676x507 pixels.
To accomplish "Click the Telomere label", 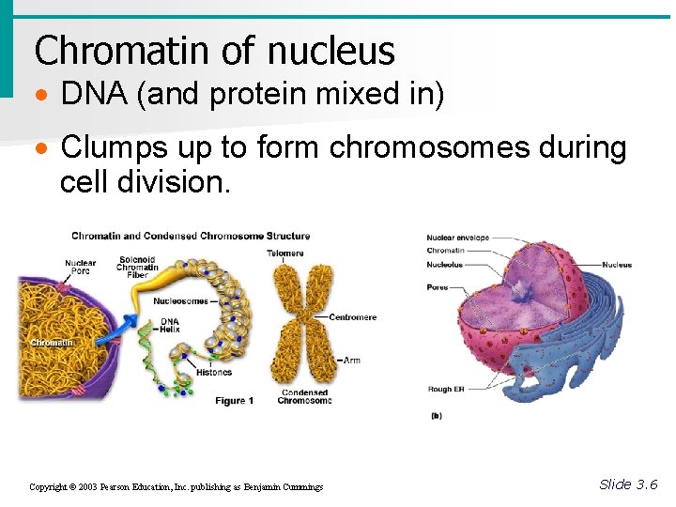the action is coord(285,253).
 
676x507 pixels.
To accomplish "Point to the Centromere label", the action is coord(352,317).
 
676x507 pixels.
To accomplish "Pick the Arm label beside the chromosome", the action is coord(352,361).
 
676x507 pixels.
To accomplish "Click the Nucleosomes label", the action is coord(181,301).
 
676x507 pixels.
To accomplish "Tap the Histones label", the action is coord(214,373).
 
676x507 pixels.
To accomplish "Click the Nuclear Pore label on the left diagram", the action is coord(81,268).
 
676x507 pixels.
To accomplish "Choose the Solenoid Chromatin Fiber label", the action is coord(137,267).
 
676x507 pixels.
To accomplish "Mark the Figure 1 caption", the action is coord(235,401).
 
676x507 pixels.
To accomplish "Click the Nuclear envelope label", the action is coord(458,238).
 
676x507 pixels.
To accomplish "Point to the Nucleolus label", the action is coord(445,265).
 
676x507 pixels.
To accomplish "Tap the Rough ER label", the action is coord(446,389).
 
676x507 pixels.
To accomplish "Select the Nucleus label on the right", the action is coord(616,265).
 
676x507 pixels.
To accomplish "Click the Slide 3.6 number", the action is coord(628,484).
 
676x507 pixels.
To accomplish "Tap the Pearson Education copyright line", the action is coord(176,487).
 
